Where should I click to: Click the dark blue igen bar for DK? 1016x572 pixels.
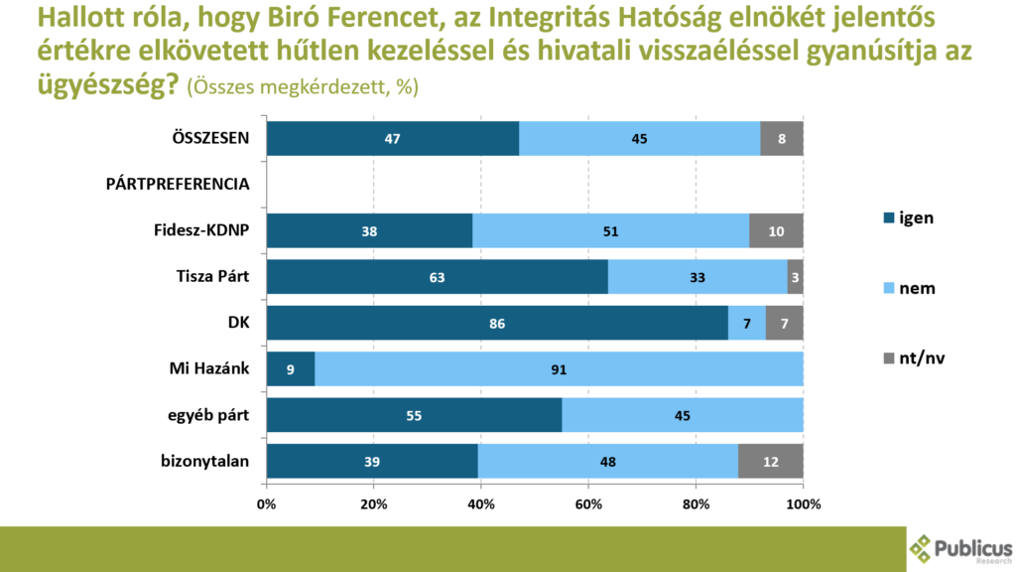[x=496, y=324]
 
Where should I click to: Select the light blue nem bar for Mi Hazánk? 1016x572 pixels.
[x=559, y=369]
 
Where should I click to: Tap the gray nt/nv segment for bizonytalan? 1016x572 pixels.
[x=771, y=461]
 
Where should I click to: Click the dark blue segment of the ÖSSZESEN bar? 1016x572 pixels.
[x=392, y=139]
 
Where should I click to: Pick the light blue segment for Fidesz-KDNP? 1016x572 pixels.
[x=610, y=230]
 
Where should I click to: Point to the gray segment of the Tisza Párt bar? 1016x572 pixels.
[x=795, y=277]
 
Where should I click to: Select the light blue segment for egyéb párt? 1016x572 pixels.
[x=682, y=415]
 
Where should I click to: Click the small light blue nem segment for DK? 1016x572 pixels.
[x=746, y=324]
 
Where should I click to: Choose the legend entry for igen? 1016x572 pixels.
[x=907, y=217]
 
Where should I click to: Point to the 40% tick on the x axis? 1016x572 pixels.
[x=481, y=504]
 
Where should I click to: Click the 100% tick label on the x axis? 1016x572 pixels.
[x=803, y=504]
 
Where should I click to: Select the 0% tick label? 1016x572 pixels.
[x=266, y=504]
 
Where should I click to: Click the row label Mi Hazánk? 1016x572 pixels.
[x=206, y=369]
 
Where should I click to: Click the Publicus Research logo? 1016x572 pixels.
[x=960, y=549]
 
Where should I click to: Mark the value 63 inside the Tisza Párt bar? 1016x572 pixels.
[x=437, y=277]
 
